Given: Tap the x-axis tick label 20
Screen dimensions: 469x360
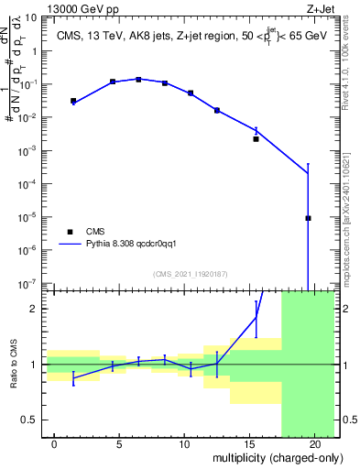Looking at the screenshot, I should (314, 443).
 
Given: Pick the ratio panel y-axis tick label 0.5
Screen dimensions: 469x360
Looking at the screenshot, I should (34, 420).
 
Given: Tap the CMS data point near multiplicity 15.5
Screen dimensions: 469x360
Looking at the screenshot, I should (256, 139).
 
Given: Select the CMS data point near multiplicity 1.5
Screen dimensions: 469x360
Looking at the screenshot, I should (73, 101).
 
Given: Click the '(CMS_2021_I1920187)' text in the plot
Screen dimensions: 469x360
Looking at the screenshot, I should (191, 274).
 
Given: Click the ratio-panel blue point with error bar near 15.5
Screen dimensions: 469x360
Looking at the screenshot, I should (256, 318).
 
